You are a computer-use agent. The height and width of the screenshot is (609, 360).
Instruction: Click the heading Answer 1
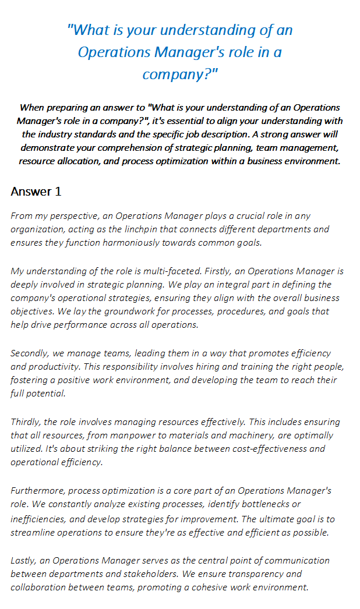click(36, 192)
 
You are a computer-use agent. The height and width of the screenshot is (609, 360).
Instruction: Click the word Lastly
click(24, 561)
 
